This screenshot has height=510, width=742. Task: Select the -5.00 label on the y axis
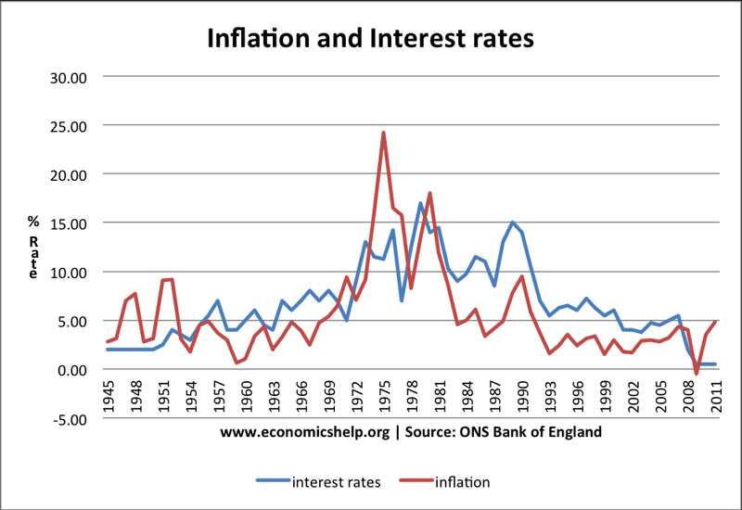[x=69, y=419]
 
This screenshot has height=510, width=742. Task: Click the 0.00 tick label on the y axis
[x=70, y=370]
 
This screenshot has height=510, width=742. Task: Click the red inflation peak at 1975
[x=383, y=134]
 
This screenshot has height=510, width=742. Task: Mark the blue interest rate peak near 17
[x=420, y=204]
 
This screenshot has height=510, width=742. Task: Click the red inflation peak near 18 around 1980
[x=430, y=194]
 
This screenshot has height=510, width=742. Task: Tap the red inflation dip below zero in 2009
[x=697, y=374]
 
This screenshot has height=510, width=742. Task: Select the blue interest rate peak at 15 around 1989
[x=512, y=223]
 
